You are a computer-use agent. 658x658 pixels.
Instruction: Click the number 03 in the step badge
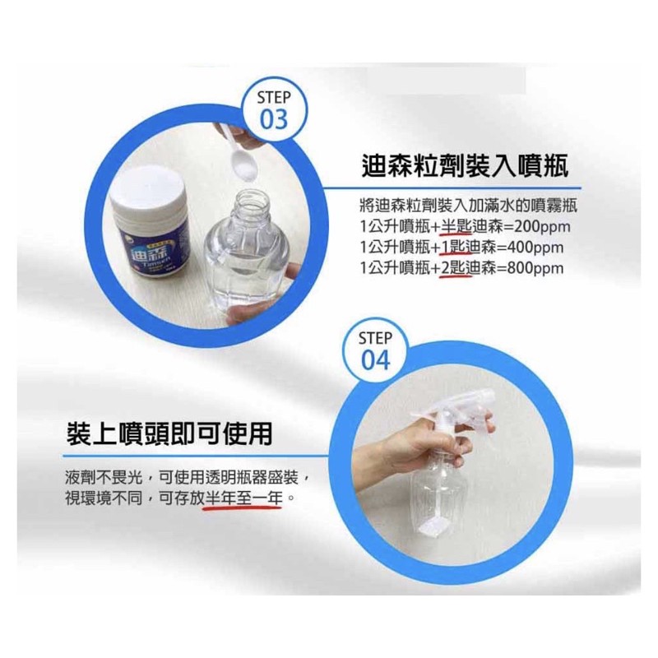[274, 119]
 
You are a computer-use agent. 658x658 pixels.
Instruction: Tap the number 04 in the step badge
[376, 360]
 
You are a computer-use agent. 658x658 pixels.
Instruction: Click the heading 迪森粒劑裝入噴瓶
[465, 166]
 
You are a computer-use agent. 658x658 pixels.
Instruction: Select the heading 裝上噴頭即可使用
[169, 433]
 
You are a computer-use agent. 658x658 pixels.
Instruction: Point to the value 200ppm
[543, 227]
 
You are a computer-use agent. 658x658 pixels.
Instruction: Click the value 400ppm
[535, 248]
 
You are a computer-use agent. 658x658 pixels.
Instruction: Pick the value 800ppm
[535, 268]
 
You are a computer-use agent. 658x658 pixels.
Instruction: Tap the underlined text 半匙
[456, 227]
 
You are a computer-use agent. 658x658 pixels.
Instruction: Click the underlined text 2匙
[452, 268]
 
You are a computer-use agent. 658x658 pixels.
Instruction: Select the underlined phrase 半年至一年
[243, 498]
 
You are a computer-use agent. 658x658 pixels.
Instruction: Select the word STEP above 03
[274, 98]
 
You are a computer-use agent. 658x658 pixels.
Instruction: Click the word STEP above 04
[376, 338]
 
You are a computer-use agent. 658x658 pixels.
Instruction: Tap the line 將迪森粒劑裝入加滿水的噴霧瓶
[469, 206]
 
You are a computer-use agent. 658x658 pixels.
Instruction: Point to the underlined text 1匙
[452, 248]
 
